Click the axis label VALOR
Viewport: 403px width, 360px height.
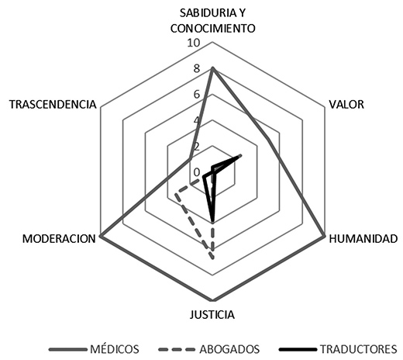pos(346,105)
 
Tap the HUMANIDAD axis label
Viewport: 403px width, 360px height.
pos(363,239)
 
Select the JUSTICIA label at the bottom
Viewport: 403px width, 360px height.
pos(212,315)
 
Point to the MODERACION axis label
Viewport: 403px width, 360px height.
pos(59,239)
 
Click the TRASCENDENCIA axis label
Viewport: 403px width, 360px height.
pos(53,105)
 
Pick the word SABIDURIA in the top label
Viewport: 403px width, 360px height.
pos(205,13)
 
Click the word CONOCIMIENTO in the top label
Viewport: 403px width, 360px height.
pos(212,29)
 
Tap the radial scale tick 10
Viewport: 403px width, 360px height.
pos(194,43)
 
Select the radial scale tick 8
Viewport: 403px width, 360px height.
pos(197,69)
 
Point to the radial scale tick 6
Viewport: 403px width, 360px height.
pos(197,95)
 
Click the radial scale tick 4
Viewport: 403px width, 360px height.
pos(197,120)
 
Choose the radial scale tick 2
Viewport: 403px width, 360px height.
pos(197,147)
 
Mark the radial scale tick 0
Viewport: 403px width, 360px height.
pos(197,172)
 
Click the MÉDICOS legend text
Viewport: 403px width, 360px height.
pos(115,349)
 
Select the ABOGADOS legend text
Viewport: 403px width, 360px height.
pos(229,349)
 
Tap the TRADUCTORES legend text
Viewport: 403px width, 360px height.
pos(359,349)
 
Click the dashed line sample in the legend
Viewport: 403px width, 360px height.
pos(177,350)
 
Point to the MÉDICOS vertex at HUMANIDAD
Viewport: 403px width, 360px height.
pos(325,236)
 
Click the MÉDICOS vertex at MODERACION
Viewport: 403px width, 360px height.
pos(101,236)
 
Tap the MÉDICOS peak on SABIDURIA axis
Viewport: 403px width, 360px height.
pos(212,68)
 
